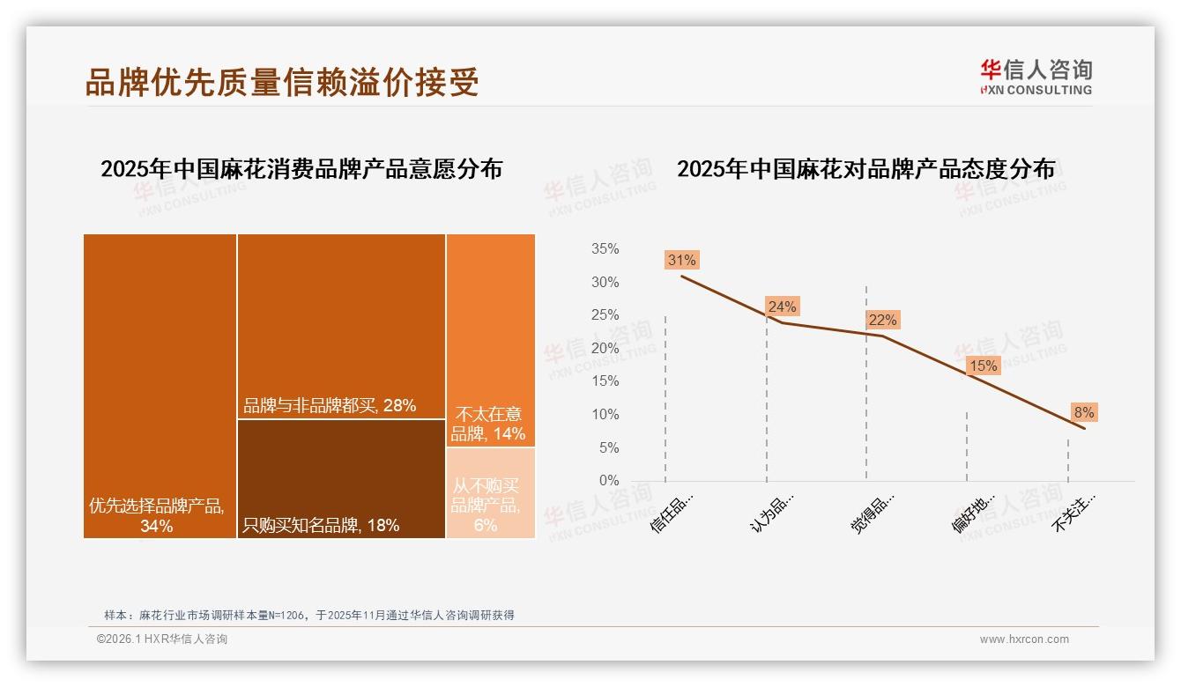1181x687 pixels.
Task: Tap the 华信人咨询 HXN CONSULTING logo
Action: click(x=1036, y=77)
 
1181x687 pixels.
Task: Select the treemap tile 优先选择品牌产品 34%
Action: click(x=160, y=385)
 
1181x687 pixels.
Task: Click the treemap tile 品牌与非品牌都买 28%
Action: click(x=341, y=326)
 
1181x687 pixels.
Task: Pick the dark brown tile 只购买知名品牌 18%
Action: click(x=341, y=478)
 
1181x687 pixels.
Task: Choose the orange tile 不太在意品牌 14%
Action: click(x=490, y=340)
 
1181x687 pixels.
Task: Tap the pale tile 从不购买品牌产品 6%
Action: click(x=490, y=494)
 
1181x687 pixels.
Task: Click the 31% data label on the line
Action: click(x=681, y=260)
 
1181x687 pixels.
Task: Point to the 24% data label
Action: click(x=782, y=307)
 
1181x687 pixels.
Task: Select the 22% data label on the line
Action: click(x=882, y=320)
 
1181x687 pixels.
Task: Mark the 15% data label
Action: click(x=983, y=366)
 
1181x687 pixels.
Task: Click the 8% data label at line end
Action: click(x=1083, y=412)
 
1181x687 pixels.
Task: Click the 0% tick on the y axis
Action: click(x=609, y=481)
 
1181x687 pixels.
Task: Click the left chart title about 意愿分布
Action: click(x=301, y=169)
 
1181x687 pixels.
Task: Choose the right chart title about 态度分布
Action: click(x=865, y=169)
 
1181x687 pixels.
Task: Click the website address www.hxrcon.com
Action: click(x=1024, y=639)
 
